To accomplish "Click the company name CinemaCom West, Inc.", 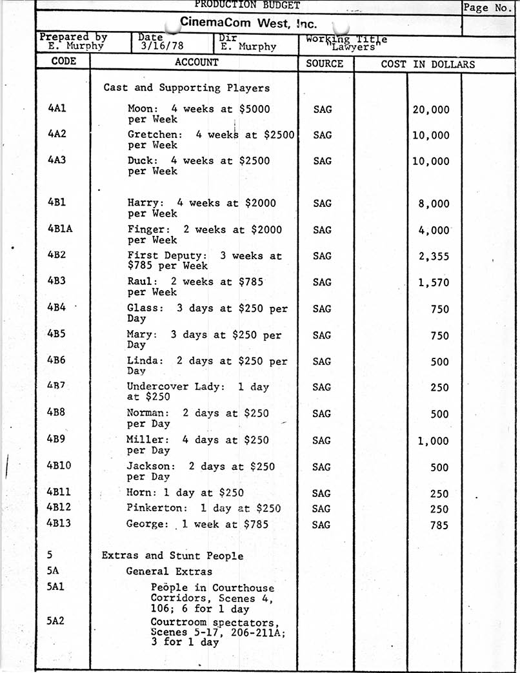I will click(x=248, y=23).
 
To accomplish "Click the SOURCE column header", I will click(x=325, y=63).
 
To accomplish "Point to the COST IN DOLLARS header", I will click(x=428, y=64).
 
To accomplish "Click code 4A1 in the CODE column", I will click(x=57, y=108).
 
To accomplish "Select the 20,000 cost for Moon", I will click(x=430, y=110).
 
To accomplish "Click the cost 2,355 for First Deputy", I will click(x=434, y=257).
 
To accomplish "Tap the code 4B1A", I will click(x=60, y=229).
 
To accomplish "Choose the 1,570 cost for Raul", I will click(x=434, y=283).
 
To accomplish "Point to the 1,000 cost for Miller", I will click(x=434, y=441).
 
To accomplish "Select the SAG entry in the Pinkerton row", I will click(x=321, y=509).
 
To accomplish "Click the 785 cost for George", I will click(x=439, y=525).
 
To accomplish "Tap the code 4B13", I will click(x=59, y=523).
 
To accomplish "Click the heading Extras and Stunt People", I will click(x=172, y=556).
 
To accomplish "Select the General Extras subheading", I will click(x=168, y=571).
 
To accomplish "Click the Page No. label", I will click(x=486, y=8).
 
